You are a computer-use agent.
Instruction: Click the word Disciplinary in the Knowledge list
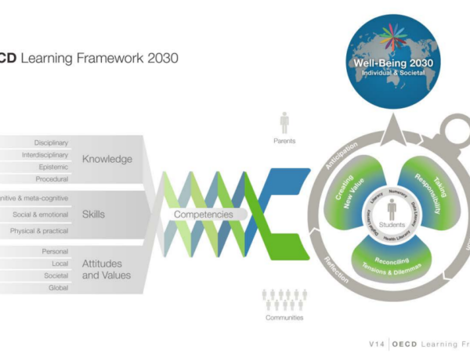(x=51, y=143)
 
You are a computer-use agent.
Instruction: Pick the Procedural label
(x=52, y=178)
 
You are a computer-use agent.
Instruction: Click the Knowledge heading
(x=107, y=159)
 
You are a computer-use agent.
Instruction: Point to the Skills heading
(x=94, y=214)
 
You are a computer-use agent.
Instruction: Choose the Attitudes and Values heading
(x=107, y=269)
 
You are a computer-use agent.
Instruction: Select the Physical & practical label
(x=39, y=231)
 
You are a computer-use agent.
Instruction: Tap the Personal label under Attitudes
(x=55, y=251)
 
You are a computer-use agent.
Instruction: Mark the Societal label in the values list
(x=56, y=275)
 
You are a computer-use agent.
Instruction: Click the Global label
(x=59, y=287)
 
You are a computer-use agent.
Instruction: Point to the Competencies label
(x=203, y=214)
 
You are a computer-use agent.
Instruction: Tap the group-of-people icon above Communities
(x=284, y=298)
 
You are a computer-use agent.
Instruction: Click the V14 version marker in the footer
(x=379, y=344)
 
